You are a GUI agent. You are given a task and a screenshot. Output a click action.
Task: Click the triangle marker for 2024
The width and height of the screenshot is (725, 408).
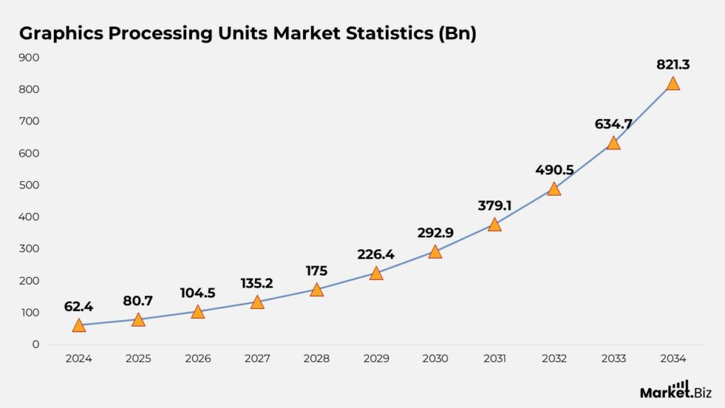tap(79, 326)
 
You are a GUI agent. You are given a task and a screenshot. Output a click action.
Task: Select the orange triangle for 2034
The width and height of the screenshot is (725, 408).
tap(673, 84)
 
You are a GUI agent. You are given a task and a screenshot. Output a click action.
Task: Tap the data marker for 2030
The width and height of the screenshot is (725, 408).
tap(435, 252)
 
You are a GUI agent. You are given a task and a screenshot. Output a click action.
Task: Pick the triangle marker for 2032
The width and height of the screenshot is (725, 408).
tap(554, 189)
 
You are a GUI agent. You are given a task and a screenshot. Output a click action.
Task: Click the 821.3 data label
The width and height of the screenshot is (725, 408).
tap(673, 64)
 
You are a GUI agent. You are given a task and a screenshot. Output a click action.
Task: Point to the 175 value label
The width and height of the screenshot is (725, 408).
tap(316, 271)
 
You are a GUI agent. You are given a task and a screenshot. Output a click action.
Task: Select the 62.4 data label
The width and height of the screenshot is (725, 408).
tap(79, 307)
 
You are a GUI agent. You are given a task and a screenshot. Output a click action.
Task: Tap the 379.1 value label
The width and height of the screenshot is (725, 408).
tap(494, 205)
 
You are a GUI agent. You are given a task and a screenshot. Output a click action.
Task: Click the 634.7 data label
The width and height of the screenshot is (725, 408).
tap(613, 125)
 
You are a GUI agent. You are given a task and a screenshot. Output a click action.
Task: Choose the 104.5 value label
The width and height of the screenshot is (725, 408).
tap(198, 293)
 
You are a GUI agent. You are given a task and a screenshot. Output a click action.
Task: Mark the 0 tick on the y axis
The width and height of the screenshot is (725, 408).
tap(35, 344)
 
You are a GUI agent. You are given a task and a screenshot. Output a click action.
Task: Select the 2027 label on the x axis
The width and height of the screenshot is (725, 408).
tap(257, 359)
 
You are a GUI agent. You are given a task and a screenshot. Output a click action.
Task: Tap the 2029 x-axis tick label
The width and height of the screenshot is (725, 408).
tap(376, 359)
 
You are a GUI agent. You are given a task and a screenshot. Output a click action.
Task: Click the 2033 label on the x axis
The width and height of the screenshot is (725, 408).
tap(613, 359)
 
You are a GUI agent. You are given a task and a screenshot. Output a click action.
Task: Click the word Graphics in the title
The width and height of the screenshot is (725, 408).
tap(60, 33)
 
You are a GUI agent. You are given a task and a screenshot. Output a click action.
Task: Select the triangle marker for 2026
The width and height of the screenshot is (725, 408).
tap(198, 312)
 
